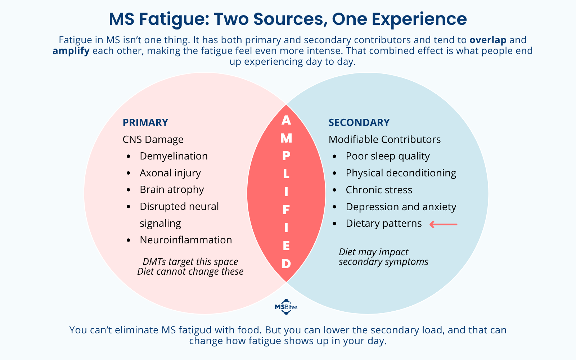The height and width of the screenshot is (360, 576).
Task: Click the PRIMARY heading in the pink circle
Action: click(145, 122)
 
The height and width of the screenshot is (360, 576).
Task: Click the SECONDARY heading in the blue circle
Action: click(359, 122)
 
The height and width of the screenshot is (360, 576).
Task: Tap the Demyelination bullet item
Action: click(174, 156)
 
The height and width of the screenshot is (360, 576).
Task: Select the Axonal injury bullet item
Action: click(170, 173)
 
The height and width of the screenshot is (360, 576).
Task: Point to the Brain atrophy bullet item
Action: click(172, 189)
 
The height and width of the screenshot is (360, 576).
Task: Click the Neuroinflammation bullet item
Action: click(186, 240)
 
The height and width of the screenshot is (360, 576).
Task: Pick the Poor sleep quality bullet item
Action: click(388, 156)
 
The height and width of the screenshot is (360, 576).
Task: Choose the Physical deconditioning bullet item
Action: click(401, 173)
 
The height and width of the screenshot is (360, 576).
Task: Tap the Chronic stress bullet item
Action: click(379, 190)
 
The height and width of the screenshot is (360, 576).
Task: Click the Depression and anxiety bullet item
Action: click(401, 207)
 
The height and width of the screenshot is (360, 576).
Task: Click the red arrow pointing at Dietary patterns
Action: click(443, 224)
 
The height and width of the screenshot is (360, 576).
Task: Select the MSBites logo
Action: click(286, 307)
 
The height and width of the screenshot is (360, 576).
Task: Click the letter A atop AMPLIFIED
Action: click(286, 120)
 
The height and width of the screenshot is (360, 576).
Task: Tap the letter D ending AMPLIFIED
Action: click(286, 264)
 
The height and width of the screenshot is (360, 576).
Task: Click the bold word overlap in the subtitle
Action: click(488, 40)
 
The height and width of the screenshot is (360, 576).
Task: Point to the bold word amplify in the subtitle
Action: click(71, 51)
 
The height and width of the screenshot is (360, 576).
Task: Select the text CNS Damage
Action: click(153, 139)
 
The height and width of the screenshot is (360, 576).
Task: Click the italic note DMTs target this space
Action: click(190, 262)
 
